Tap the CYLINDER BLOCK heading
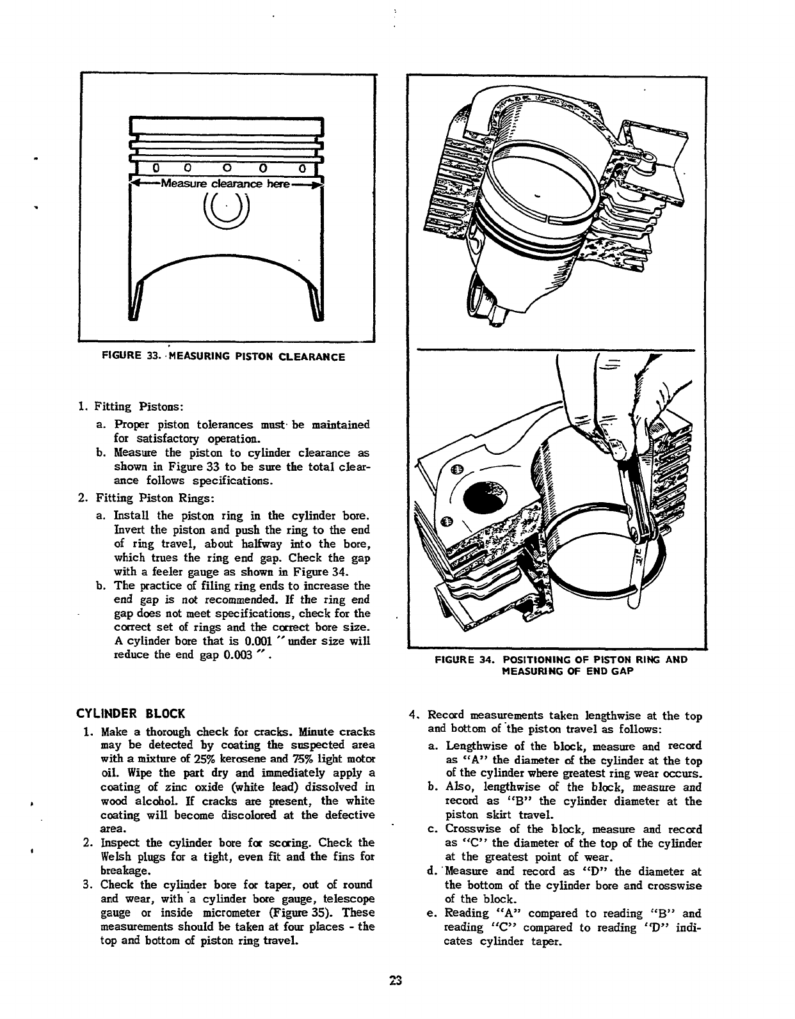click(131, 713)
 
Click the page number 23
click(396, 999)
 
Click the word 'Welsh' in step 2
click(116, 857)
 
